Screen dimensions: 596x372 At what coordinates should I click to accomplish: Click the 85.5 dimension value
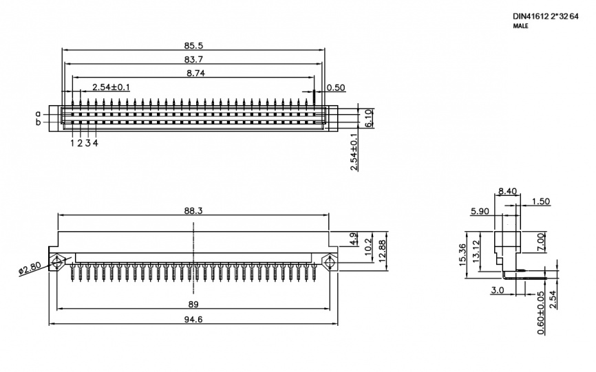point(193,45)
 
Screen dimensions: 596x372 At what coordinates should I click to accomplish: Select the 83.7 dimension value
point(193,59)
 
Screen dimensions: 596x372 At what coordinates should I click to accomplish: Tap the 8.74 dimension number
point(195,74)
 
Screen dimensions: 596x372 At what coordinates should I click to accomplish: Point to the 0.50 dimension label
point(336,88)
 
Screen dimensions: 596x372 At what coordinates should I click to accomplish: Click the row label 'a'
point(38,113)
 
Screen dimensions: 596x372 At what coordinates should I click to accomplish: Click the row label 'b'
point(38,122)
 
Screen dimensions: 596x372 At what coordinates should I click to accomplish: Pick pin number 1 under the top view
point(72,143)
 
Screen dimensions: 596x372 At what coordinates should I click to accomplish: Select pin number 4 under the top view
point(96,143)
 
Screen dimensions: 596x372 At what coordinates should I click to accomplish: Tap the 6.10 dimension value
point(368,118)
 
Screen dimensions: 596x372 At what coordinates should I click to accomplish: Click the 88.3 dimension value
point(193,210)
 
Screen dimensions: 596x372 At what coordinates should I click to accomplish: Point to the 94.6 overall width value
point(193,320)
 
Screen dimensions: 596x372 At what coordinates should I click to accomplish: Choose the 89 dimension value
point(193,305)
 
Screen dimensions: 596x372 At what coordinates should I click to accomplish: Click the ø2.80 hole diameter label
point(30,269)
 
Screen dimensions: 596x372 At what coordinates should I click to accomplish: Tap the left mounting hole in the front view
point(57,262)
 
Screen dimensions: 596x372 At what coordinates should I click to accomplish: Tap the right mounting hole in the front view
point(329,262)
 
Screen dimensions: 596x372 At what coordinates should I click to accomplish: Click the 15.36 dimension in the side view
point(462,254)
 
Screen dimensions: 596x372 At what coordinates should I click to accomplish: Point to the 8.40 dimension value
point(508,191)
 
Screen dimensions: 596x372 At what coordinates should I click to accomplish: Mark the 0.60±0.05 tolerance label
point(541,313)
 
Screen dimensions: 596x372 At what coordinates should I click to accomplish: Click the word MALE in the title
point(521,26)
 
